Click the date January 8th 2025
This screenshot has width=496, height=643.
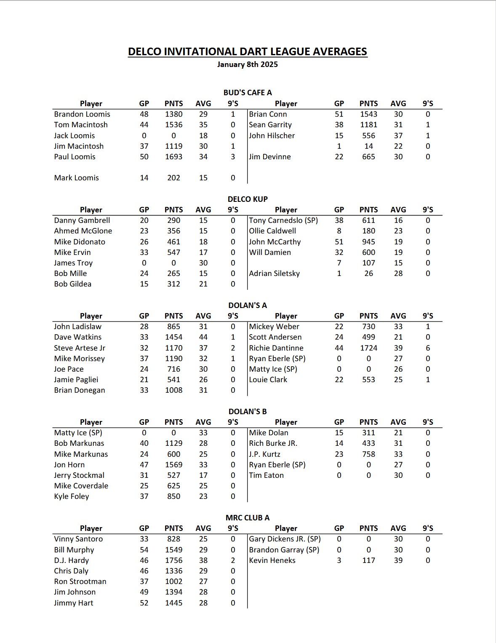(x=247, y=64)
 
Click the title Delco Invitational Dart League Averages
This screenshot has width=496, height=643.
(x=247, y=51)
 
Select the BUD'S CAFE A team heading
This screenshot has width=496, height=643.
(x=247, y=93)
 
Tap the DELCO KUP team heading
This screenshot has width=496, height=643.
(x=247, y=199)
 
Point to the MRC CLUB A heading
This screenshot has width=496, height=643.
(x=247, y=517)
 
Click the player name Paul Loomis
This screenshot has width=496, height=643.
(x=75, y=157)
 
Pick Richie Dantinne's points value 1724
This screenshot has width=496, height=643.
(x=368, y=348)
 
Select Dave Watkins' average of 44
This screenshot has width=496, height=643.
(x=203, y=337)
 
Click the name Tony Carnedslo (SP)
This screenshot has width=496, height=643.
(x=283, y=220)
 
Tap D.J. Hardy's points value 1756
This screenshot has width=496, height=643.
(x=173, y=560)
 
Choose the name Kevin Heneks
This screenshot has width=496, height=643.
(x=272, y=560)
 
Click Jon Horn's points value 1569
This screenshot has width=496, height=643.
(x=173, y=465)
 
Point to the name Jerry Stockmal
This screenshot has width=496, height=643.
(x=79, y=475)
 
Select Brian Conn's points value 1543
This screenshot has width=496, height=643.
(x=368, y=114)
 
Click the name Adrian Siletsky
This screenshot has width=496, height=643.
(x=274, y=273)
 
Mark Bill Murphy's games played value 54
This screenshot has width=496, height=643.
(x=144, y=550)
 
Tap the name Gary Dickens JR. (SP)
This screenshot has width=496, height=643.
(x=285, y=539)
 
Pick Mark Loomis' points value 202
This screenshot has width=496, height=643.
(x=173, y=178)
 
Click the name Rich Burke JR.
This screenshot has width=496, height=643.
(x=273, y=443)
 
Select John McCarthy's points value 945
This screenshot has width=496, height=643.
(x=368, y=242)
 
